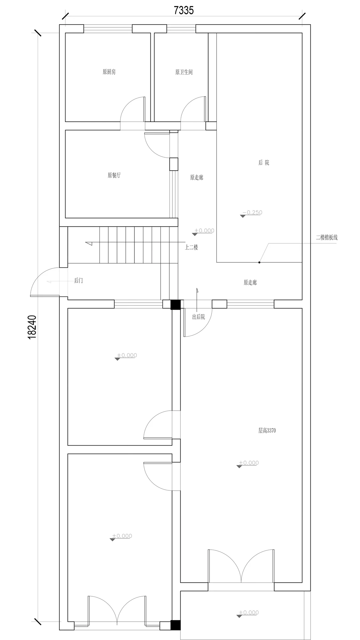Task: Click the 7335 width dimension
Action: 184,11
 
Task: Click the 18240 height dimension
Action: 32,327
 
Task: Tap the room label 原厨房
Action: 109,72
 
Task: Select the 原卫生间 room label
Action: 184,72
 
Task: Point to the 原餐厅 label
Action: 114,175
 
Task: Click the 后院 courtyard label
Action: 264,163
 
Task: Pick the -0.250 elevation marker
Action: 251,213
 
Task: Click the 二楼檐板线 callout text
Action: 327,238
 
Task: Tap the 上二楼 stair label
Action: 192,247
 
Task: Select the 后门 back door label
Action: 78,281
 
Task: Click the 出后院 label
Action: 198,317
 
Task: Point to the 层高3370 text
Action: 267,430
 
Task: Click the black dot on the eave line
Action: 259,262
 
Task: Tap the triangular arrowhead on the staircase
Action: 89,243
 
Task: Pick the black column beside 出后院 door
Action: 175,305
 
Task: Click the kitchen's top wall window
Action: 108,29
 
